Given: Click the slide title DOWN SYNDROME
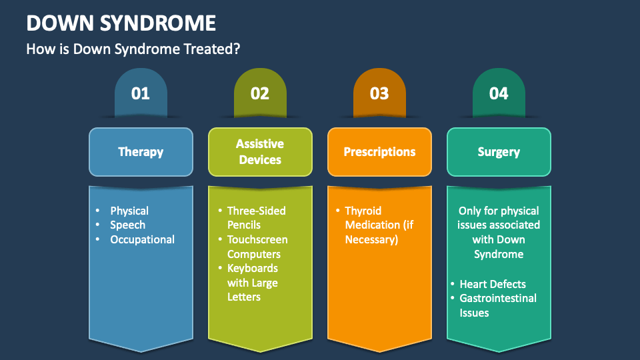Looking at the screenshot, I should coord(121,23).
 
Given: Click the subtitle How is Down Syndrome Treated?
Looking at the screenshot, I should coord(133,49).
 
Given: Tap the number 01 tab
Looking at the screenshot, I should coord(141,93).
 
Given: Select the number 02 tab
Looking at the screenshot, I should coord(260,93).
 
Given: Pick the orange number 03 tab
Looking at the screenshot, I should coord(379,93).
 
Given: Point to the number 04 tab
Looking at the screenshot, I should coord(499,93).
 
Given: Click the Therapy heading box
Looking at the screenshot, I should coord(141,152).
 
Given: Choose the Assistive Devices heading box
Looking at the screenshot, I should coord(260,152).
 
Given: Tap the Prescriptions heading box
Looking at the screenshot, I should coord(379,152).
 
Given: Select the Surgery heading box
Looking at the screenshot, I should coord(499,152).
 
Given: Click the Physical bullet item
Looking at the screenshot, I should coord(129,211).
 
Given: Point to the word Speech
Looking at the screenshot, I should coord(127,225).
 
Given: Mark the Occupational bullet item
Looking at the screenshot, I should coord(142,240).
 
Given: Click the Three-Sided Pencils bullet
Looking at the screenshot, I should coord(256,218).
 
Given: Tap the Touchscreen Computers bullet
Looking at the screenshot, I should coord(257,247).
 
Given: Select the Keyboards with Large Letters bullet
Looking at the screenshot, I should coord(253,282).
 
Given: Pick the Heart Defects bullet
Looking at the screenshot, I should coord(493,284).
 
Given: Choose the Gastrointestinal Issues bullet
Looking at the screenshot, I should coord(497,305).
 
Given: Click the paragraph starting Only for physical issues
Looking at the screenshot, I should coord(499,232).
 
